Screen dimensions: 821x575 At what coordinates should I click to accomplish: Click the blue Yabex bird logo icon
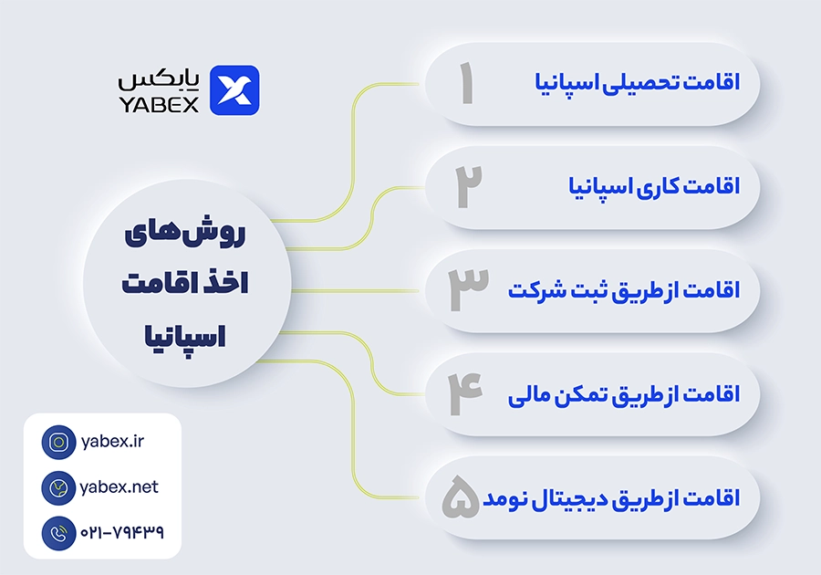234,90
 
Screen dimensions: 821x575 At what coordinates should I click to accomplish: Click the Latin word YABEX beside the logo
159,104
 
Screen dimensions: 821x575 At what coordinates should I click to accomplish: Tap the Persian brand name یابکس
159,79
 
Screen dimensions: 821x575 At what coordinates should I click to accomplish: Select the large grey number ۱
466,83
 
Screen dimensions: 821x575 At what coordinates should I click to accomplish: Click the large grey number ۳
468,289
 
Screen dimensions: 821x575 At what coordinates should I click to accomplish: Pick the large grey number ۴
465,393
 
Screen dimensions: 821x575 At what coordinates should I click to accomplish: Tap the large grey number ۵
461,497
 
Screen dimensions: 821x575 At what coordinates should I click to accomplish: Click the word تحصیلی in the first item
641,83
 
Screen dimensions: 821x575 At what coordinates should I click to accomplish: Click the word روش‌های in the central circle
185,233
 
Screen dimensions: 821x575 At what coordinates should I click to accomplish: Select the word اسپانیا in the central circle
185,336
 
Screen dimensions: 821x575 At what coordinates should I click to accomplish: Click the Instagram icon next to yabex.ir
58,442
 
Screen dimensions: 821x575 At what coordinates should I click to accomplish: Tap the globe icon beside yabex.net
58,487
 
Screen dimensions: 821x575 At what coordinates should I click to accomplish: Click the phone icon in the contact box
58,533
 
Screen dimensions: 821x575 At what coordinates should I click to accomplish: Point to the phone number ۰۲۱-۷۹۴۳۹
122,533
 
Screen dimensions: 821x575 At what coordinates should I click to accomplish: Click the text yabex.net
119,487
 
